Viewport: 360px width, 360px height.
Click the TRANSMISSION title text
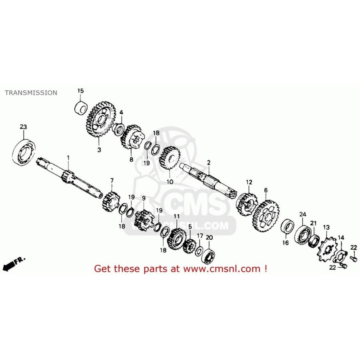[31, 93]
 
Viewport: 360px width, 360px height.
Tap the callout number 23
[23, 127]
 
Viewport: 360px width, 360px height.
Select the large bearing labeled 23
[24, 152]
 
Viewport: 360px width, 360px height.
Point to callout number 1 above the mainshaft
[68, 158]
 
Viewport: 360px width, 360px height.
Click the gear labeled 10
[170, 158]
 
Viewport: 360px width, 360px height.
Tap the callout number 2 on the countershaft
[209, 162]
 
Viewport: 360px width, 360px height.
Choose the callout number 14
[341, 237]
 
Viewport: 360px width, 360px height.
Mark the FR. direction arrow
[13, 264]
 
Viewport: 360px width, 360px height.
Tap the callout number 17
[200, 236]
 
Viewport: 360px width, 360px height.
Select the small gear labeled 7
[111, 201]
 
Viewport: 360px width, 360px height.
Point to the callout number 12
[249, 182]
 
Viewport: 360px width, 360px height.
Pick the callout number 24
[303, 214]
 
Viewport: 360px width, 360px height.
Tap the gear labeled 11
[176, 239]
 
